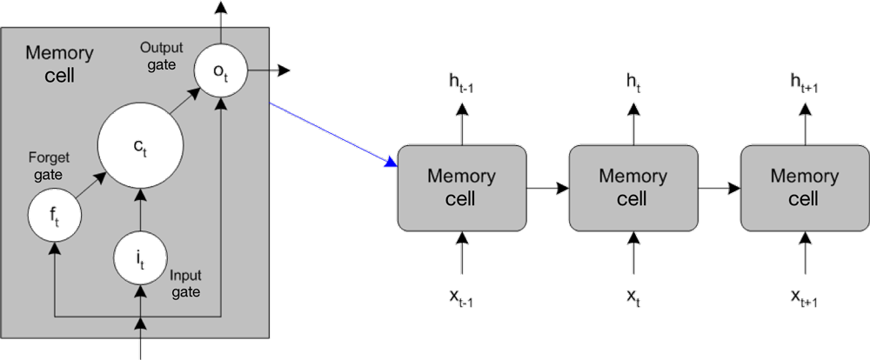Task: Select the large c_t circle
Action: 139,148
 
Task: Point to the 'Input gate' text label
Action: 185,283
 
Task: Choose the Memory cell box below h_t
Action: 632,187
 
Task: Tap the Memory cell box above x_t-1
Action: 461,187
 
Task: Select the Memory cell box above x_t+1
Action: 804,187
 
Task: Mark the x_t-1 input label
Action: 461,300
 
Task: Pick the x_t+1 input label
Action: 804,300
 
